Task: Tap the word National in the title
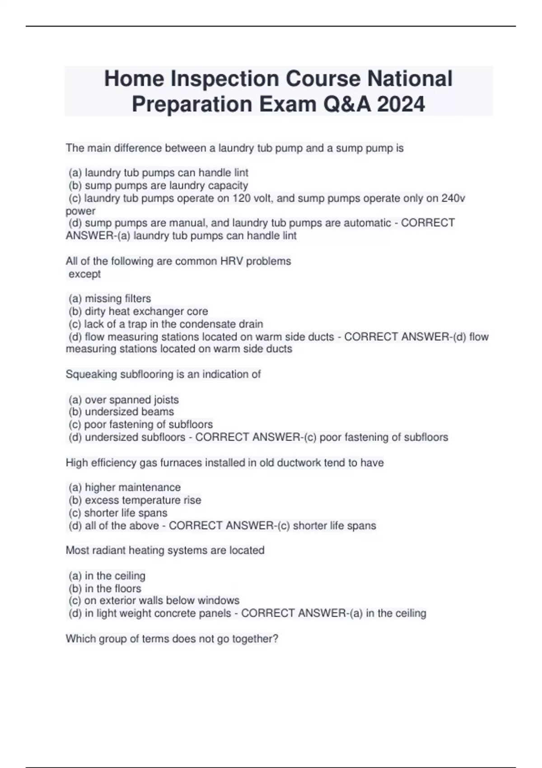(x=409, y=79)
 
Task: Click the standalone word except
(x=84, y=274)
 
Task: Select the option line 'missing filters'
(x=110, y=299)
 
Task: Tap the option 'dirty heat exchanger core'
(x=138, y=311)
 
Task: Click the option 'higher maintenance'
(x=125, y=487)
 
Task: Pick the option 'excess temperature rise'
(x=135, y=500)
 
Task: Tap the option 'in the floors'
(x=105, y=589)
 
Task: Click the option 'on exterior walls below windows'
(x=154, y=600)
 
